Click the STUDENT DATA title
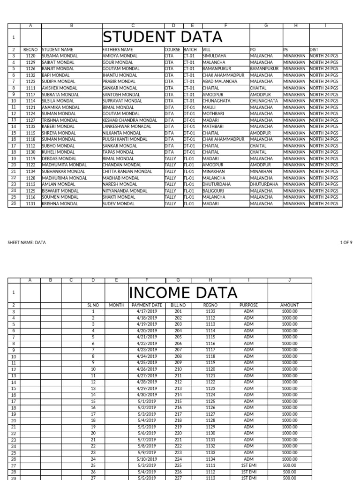pos(162,37)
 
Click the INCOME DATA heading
pos(183,292)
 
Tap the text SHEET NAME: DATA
pos(27,242)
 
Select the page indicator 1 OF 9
pos(346,242)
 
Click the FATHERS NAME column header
pos(118,49)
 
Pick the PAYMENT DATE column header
pos(147,305)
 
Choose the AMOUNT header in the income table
pos(289,305)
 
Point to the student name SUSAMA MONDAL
pos(60,56)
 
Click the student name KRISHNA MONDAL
pos(60,204)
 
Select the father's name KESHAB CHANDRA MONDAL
pos(130,120)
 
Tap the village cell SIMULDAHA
pos(214,56)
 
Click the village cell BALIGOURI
pos(214,191)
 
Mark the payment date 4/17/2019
pos(147,311)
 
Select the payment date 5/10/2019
pos(147,459)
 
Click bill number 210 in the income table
pos(178,369)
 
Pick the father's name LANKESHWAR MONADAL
pos(127,127)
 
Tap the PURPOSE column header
pos(248,305)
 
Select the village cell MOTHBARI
pos(214,113)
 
